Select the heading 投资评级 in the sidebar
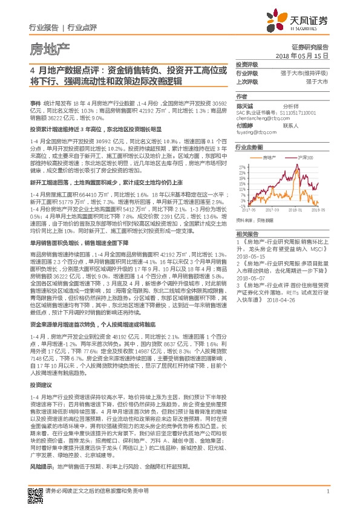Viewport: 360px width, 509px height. pyautogui.click(x=247, y=64)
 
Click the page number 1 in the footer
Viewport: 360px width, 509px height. pyautogui.click(x=327, y=491)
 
